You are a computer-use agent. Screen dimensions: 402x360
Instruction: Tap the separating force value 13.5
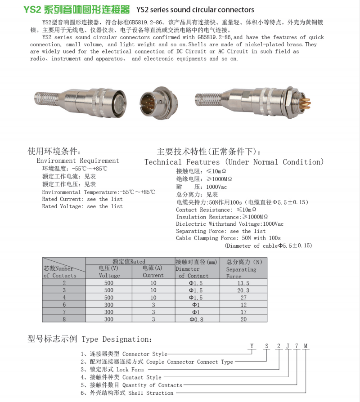tap(243, 283)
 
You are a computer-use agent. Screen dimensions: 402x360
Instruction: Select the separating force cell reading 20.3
tap(243, 290)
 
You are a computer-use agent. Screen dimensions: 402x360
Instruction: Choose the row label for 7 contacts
tap(64, 312)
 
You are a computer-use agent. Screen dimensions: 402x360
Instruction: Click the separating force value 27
tap(243, 297)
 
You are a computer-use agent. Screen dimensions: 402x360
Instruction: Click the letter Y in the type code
tap(252, 346)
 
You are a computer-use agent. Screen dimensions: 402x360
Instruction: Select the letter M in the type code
tap(306, 346)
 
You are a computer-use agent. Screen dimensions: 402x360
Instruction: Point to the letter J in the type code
tap(288, 346)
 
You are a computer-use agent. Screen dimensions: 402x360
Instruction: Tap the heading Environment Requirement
tap(77, 161)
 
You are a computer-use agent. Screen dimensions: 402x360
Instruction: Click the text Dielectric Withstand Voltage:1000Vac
tap(229, 224)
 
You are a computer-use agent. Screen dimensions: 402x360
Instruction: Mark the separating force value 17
tap(243, 312)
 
